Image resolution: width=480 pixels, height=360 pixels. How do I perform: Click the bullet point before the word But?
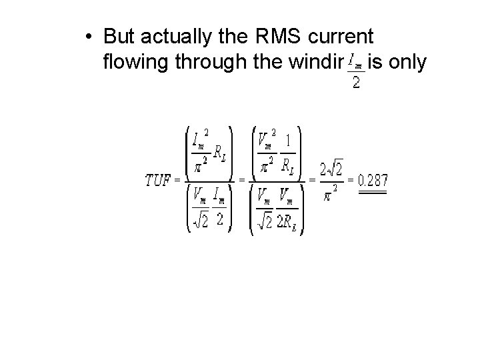[90, 36]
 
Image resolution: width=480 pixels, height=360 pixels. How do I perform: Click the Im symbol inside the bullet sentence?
[357, 64]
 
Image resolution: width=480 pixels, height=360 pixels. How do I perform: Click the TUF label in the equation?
[158, 181]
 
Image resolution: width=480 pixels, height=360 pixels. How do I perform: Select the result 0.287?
[373, 180]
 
